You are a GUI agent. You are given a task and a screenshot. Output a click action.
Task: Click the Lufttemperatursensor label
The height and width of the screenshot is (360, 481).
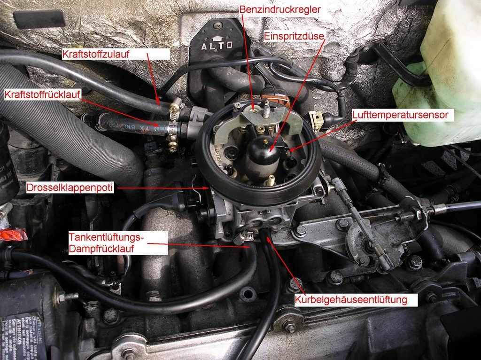(x=403, y=114)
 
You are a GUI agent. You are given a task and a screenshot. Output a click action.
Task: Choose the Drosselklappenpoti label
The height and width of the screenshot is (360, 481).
(x=70, y=188)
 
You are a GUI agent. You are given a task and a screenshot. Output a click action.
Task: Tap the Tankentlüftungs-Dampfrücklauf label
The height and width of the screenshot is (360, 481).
(x=107, y=243)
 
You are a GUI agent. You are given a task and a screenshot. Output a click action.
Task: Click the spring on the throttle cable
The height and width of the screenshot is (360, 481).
(x=405, y=217)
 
